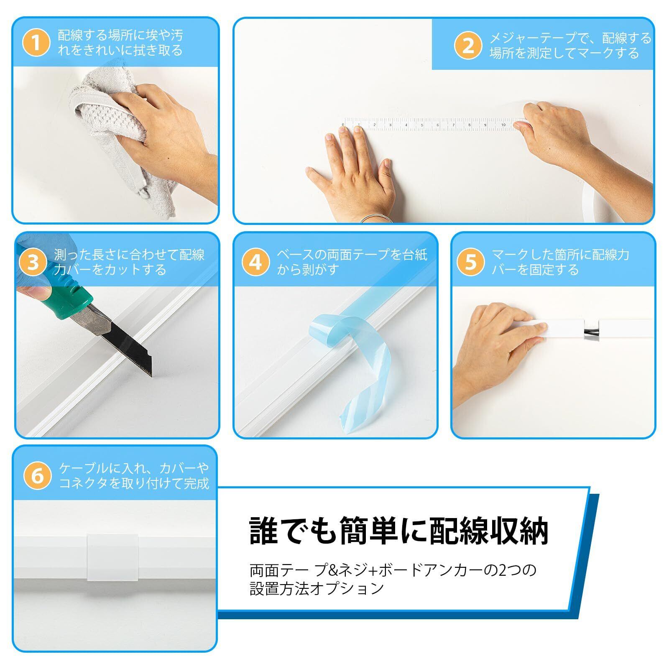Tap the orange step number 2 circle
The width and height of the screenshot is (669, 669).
(x=469, y=46)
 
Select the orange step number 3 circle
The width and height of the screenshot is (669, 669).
(x=33, y=262)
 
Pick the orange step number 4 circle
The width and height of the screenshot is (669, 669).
(x=255, y=262)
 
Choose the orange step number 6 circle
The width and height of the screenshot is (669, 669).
(x=38, y=476)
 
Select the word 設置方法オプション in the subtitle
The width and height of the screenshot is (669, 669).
(x=317, y=588)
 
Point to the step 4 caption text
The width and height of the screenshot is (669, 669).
(x=352, y=262)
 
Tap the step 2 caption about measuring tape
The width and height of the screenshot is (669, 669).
(x=570, y=46)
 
